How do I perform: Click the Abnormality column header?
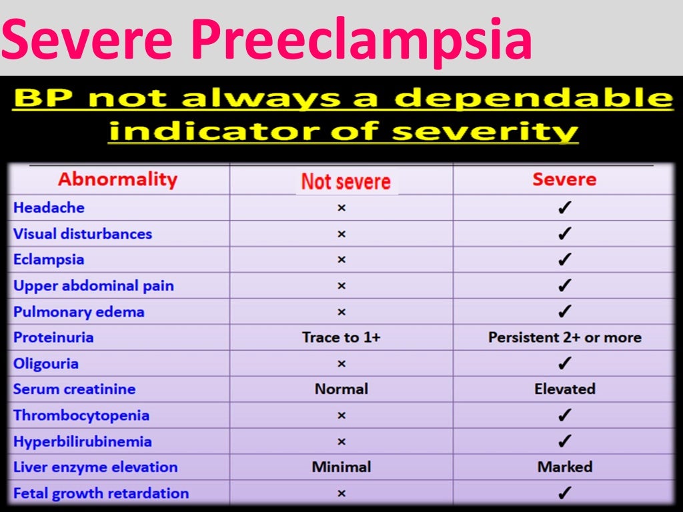pyautogui.click(x=117, y=179)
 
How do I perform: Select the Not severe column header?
pyautogui.click(x=346, y=181)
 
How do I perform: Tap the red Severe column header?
pyautogui.click(x=564, y=179)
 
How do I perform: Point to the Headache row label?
pyautogui.click(x=49, y=207)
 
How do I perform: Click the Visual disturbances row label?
pyautogui.click(x=83, y=234)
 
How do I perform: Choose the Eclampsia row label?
pyautogui.click(x=49, y=259)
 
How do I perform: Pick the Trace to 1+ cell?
pyautogui.click(x=341, y=337)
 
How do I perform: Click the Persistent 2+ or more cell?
pyautogui.click(x=564, y=337)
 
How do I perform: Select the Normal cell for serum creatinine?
pyautogui.click(x=341, y=389)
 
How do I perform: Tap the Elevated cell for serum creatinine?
pyautogui.click(x=564, y=389)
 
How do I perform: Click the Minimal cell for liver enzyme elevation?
pyautogui.click(x=341, y=467)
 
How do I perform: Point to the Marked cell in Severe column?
pyautogui.click(x=564, y=467)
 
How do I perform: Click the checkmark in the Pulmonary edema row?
pyautogui.click(x=564, y=311)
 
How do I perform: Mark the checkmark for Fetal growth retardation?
pyautogui.click(x=564, y=493)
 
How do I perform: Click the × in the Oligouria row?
pyautogui.click(x=341, y=364)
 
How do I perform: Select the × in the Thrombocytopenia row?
pyautogui.click(x=341, y=415)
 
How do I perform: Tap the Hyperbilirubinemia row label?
pyautogui.click(x=83, y=441)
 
